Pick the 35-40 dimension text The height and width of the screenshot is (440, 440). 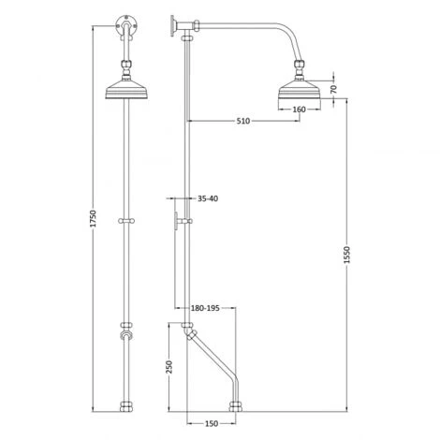(208, 198)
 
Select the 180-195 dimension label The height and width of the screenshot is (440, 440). (206, 307)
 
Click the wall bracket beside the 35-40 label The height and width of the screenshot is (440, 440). (177, 222)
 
